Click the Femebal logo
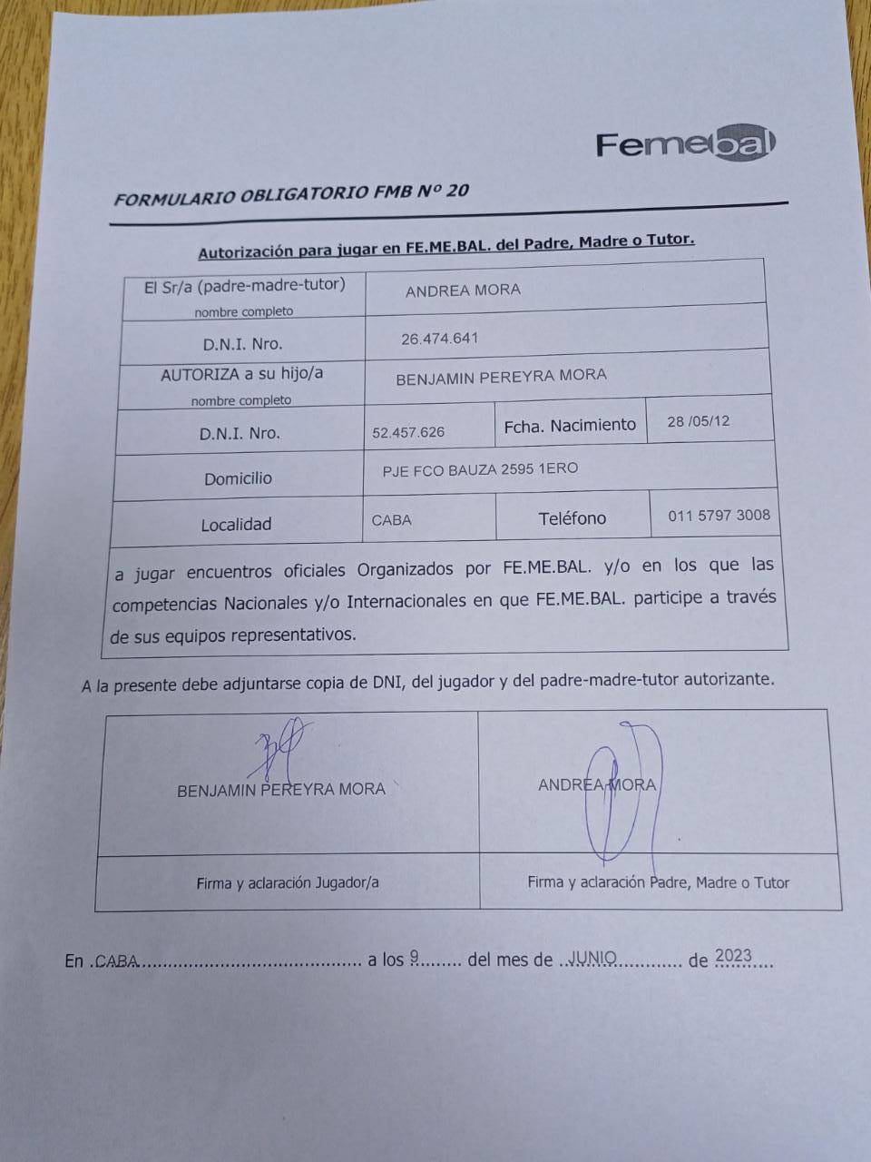[685, 143]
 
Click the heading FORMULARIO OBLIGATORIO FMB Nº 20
[291, 193]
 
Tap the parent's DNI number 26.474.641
[439, 339]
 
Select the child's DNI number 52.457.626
[408, 432]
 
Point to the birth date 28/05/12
[698, 421]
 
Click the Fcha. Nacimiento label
[570, 425]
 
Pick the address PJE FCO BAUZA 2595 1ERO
[480, 469]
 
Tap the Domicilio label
[238, 478]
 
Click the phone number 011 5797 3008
[719, 516]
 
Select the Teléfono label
[572, 518]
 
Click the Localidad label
[236, 525]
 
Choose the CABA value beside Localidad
[392, 520]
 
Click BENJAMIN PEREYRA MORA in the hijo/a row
[501, 377]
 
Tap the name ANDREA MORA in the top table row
[463, 290]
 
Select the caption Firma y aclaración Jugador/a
[288, 882]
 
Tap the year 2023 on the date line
[733, 956]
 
